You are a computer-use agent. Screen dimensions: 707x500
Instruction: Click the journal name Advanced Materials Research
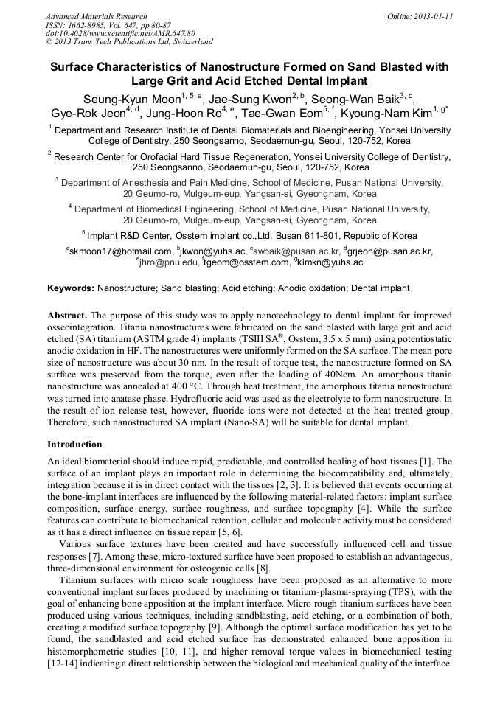[96, 16]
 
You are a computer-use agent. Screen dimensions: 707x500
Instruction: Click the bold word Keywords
[70, 288]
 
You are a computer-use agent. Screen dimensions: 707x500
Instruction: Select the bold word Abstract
[67, 313]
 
